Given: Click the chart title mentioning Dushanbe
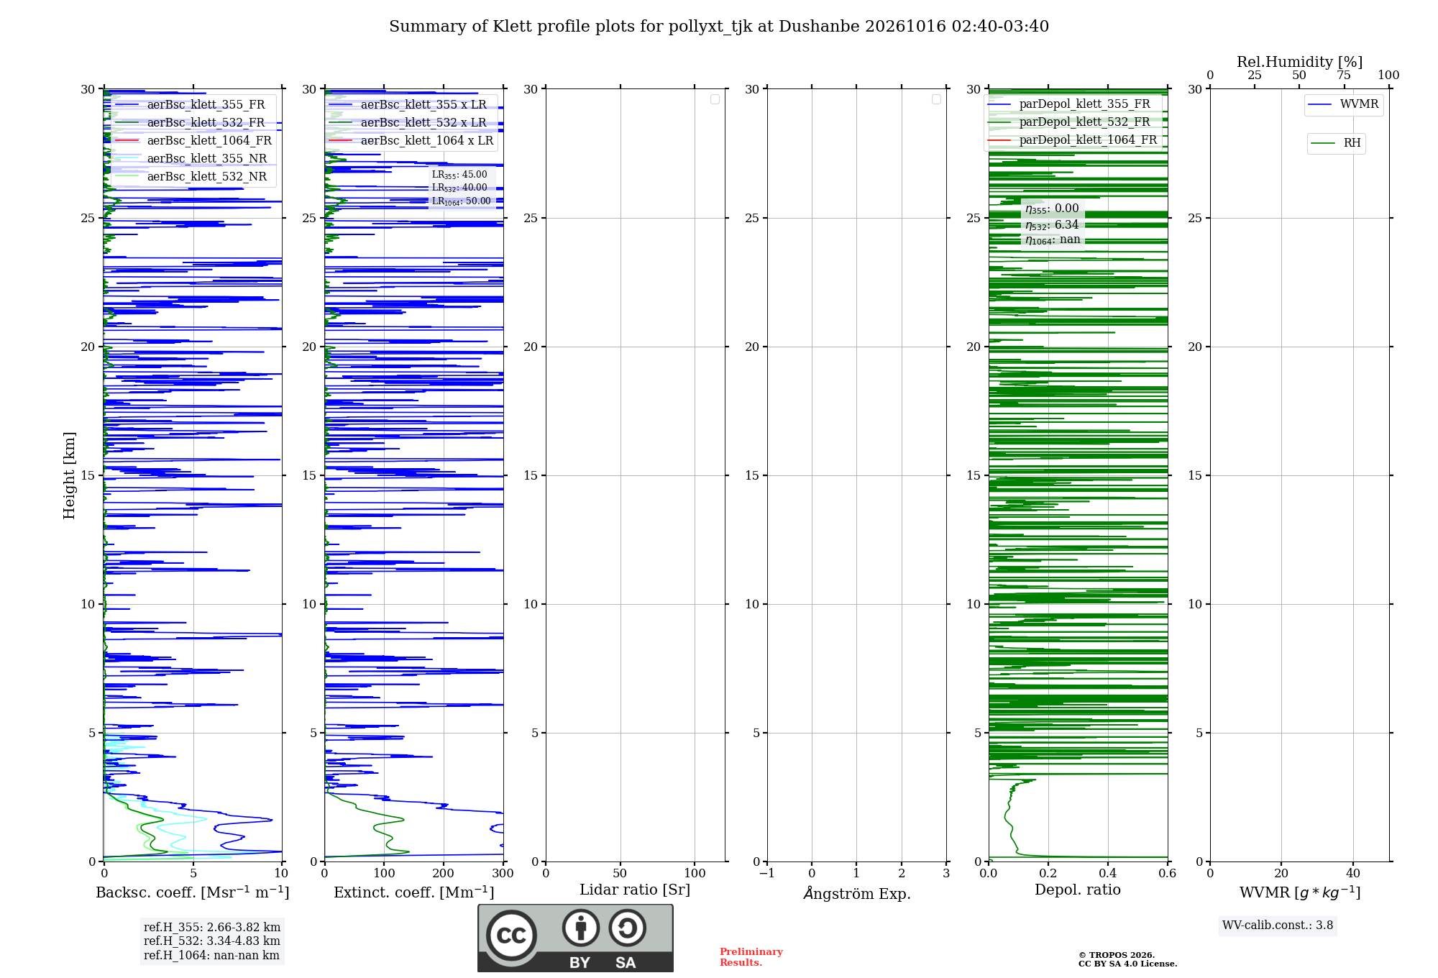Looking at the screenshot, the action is (x=719, y=27).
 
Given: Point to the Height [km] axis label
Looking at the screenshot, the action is (x=69, y=475).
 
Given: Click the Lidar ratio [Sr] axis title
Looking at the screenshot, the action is (x=635, y=890).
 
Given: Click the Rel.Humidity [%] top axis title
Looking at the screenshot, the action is (x=1299, y=62).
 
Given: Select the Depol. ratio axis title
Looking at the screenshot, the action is (x=1078, y=890).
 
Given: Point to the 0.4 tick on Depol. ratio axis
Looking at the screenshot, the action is (x=1108, y=873).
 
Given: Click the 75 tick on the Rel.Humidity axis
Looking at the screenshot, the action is (x=1344, y=75).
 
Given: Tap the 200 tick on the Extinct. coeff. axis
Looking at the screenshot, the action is (x=444, y=873).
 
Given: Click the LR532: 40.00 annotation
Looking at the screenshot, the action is (x=459, y=188).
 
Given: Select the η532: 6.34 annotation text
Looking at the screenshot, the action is (x=1052, y=225).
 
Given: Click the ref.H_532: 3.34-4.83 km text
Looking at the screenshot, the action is (x=212, y=941).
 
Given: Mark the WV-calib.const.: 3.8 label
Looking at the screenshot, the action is (x=1278, y=926).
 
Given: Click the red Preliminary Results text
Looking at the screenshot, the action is (x=751, y=957).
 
